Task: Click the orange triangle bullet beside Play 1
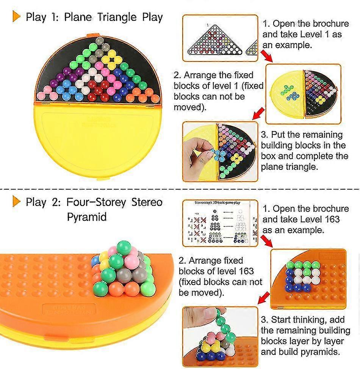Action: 16,17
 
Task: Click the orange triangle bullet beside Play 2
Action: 16,201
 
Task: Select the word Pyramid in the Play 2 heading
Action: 86,217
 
